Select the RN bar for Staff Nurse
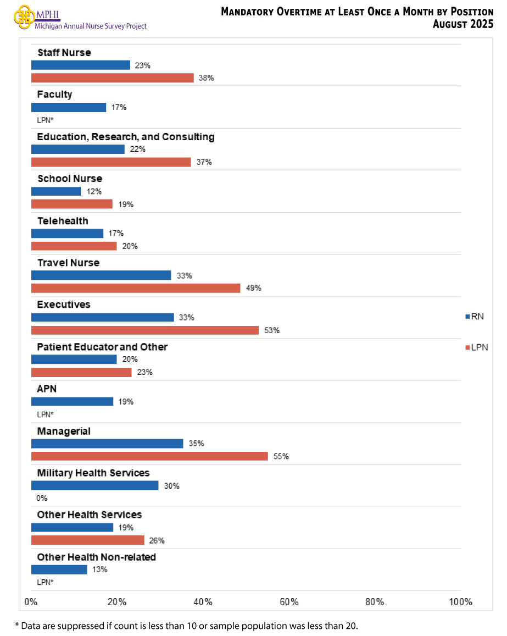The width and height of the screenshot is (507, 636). tap(81, 65)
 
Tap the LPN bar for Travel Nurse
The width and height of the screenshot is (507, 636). tap(136, 288)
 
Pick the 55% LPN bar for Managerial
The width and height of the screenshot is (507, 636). tap(149, 456)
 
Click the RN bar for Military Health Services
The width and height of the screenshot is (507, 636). tap(94, 485)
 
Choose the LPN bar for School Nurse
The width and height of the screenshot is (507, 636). tap(72, 204)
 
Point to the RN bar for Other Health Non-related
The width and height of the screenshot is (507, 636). tap(59, 569)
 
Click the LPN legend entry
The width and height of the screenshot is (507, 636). tap(476, 347)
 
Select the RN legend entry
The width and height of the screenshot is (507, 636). tap(475, 316)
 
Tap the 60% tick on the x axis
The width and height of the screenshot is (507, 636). tap(289, 602)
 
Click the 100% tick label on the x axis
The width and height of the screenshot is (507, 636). tap(460, 602)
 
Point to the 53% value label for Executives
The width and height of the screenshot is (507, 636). tap(272, 330)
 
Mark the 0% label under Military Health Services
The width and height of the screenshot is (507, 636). tap(42, 498)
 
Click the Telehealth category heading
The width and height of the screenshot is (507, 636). tap(63, 221)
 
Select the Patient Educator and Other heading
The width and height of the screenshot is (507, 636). tap(102, 347)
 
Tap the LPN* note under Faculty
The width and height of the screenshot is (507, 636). tap(45, 120)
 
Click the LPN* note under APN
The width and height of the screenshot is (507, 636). tap(45, 414)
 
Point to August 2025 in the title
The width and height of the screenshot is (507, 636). tap(463, 24)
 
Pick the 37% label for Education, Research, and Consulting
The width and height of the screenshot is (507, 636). tap(204, 162)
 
